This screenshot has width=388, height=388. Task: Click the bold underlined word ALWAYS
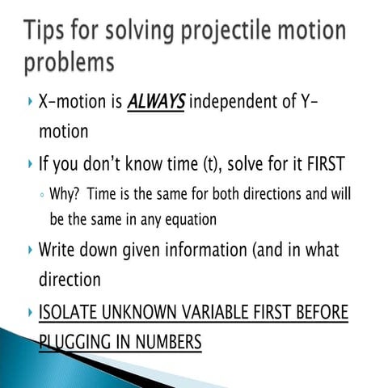point(155,103)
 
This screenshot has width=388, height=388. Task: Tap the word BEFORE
point(321,313)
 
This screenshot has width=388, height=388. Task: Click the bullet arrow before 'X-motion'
point(29,103)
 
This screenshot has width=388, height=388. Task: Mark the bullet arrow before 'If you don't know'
point(29,165)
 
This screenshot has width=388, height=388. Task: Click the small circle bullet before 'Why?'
point(41,196)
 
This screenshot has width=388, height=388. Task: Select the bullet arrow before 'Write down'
point(29,251)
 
